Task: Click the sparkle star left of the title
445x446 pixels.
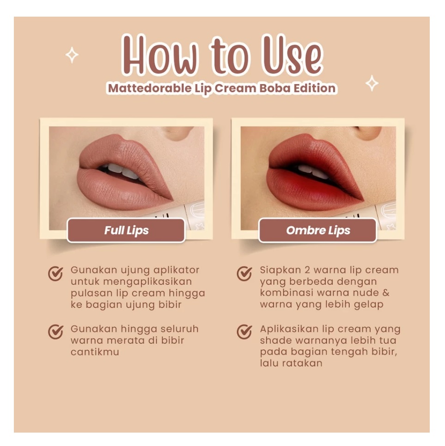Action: pyautogui.click(x=72, y=55)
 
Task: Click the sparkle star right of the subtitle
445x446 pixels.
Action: pyautogui.click(x=372, y=83)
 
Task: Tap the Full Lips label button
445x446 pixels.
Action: pyautogui.click(x=126, y=230)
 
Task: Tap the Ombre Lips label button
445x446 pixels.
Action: pyautogui.click(x=318, y=230)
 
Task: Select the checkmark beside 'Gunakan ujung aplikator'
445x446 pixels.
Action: pyautogui.click(x=56, y=274)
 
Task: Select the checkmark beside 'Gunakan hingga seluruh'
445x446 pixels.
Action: pyautogui.click(x=56, y=331)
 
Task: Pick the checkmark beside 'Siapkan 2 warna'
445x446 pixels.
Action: pyautogui.click(x=244, y=274)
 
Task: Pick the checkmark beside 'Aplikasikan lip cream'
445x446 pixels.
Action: pyautogui.click(x=244, y=331)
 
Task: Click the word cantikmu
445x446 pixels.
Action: pyautogui.click(x=95, y=352)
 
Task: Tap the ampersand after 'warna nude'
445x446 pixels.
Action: pyautogui.click(x=386, y=293)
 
